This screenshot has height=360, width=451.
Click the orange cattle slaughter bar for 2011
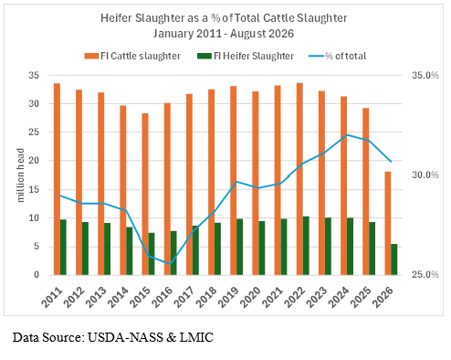tap(57, 179)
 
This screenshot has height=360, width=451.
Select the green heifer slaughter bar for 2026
tap(394, 259)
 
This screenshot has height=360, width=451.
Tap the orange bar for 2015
tap(145, 194)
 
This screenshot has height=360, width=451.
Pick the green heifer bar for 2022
tap(306, 246)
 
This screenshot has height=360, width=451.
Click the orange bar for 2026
tap(388, 223)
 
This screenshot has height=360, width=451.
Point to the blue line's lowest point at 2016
tap(171, 264)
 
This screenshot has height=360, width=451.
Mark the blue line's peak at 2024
tap(347, 134)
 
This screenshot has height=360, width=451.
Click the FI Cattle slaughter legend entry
tap(132, 56)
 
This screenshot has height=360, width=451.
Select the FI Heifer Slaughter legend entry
tap(246, 56)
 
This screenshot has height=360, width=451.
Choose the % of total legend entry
tap(338, 56)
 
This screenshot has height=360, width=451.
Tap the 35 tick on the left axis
tap(34, 75)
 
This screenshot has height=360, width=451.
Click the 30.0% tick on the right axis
tap(425, 175)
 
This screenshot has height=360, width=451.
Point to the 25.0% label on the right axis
tap(425, 274)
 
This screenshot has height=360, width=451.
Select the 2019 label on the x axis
tap(228, 297)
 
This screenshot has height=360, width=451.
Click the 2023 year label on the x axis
tap(317, 297)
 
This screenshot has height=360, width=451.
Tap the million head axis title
tap(20, 175)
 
